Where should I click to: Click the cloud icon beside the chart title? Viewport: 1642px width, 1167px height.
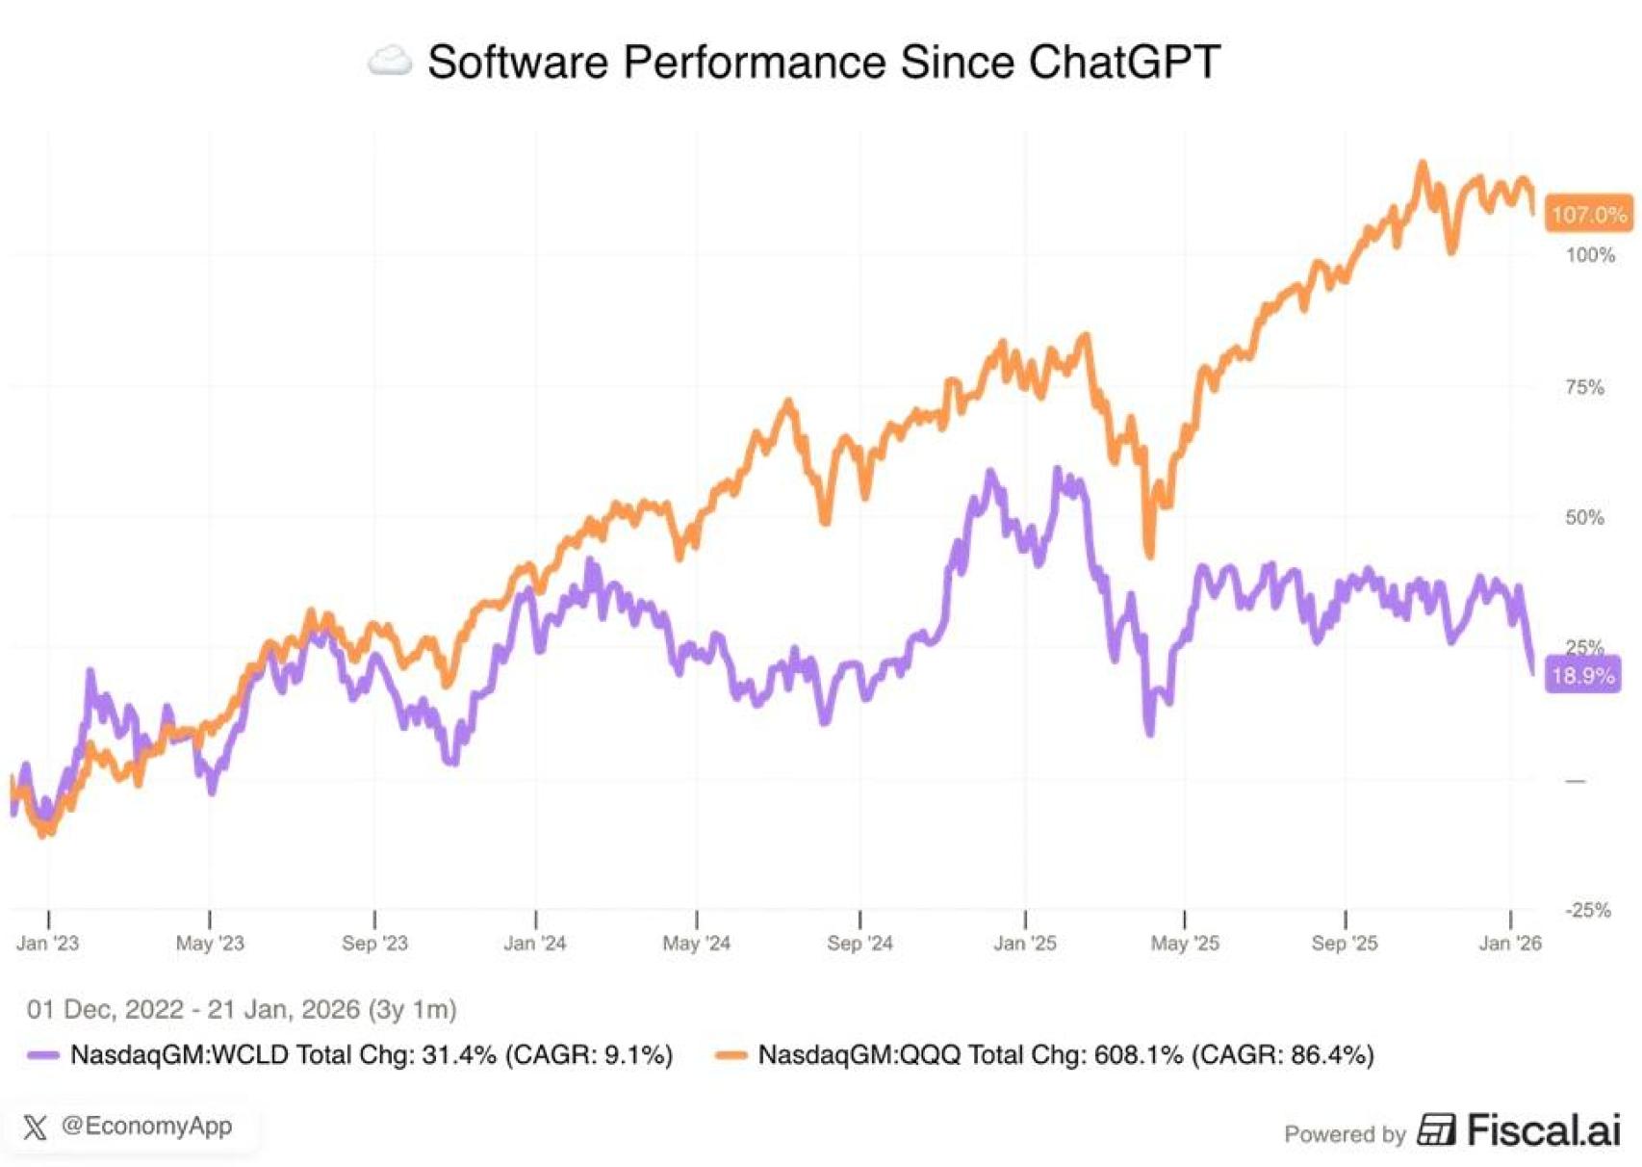point(390,62)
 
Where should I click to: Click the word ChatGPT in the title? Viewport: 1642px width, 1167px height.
point(1123,63)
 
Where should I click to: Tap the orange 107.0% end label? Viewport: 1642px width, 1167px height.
point(1588,214)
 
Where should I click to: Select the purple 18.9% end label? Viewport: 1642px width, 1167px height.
point(1582,675)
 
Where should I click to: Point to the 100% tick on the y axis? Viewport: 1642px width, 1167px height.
point(1590,255)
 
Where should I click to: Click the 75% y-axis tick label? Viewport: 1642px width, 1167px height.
point(1584,387)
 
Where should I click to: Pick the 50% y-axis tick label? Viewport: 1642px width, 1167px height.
point(1584,518)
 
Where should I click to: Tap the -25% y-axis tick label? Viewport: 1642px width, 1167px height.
point(1587,910)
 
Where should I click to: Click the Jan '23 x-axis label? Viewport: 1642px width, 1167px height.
point(47,944)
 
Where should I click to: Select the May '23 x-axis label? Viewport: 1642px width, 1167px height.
point(210,944)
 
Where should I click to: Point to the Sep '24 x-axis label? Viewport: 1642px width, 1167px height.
point(859,944)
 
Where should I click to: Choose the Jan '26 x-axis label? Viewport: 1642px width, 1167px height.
point(1509,944)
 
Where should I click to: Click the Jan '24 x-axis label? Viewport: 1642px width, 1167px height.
point(534,944)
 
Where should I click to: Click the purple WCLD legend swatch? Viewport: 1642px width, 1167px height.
point(43,1055)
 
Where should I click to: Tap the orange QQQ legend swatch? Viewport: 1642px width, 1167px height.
point(731,1055)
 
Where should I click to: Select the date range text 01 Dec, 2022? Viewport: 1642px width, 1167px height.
point(105,1009)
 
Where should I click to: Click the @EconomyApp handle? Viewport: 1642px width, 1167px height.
point(146,1126)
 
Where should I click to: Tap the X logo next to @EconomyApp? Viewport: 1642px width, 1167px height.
point(35,1127)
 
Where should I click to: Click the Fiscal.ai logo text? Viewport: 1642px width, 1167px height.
point(1543,1130)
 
